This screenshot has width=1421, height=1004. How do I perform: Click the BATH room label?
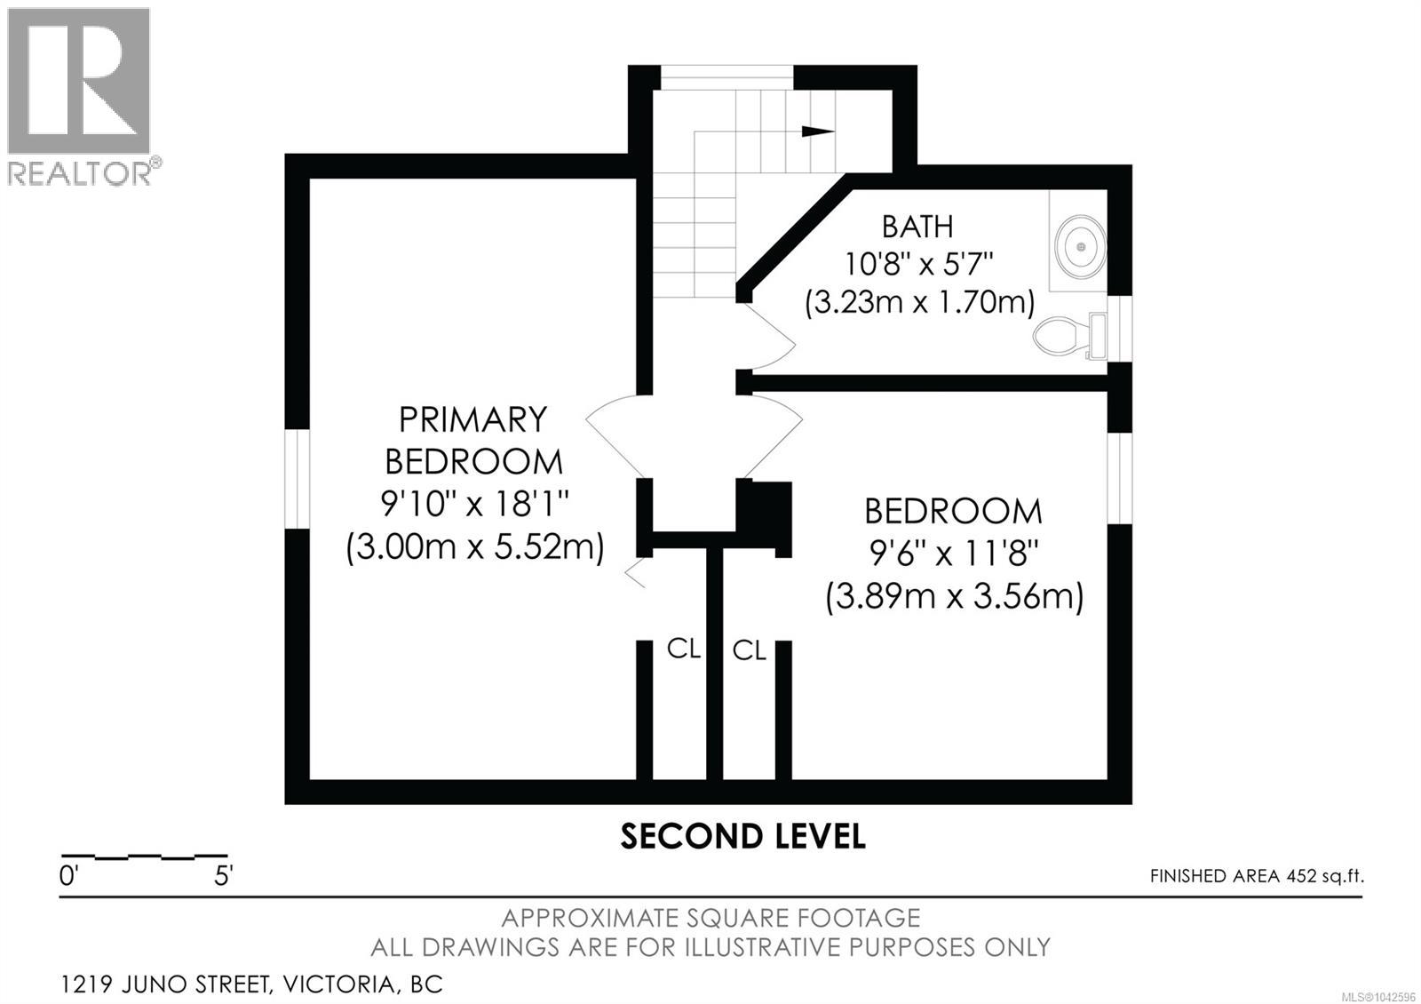(x=918, y=227)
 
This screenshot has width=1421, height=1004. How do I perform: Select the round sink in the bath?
(x=1080, y=246)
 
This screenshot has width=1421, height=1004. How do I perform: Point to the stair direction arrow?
(x=818, y=131)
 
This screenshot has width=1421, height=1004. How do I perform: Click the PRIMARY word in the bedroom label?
(x=472, y=419)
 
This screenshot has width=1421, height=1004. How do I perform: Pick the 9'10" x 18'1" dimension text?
(x=474, y=504)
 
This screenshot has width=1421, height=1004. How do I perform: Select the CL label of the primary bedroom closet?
(x=684, y=648)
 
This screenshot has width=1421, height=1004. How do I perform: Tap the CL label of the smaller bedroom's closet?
(x=750, y=650)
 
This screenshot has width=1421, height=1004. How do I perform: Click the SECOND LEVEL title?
(x=742, y=836)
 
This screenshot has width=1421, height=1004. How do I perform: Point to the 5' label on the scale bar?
(x=223, y=876)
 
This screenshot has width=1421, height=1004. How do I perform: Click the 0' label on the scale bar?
(x=67, y=876)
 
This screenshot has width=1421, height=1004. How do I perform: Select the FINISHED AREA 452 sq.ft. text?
(x=1257, y=876)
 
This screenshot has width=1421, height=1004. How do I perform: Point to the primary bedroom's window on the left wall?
(x=297, y=479)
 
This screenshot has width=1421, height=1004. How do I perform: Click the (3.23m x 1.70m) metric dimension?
(x=919, y=303)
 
